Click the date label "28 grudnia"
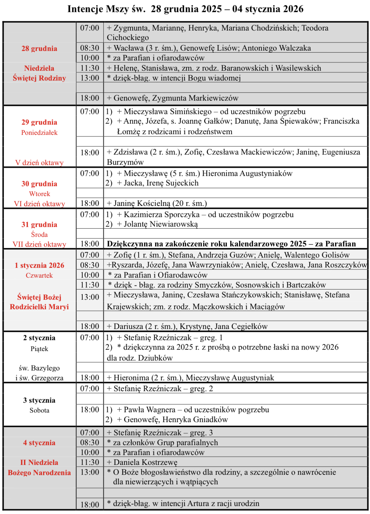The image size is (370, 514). point(39,48)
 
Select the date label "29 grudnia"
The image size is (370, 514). point(39,122)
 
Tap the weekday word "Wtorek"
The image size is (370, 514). point(40,194)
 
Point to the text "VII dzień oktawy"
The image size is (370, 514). point(39,244)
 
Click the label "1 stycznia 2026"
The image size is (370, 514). point(39,265)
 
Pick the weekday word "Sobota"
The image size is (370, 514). point(39,410)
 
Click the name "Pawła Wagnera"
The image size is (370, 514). point(150,410)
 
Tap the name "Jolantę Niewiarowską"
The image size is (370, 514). point(161,224)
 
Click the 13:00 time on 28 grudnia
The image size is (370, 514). point(90,78)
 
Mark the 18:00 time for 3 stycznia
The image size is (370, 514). point(90,410)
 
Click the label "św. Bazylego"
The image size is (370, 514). point(39,368)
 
